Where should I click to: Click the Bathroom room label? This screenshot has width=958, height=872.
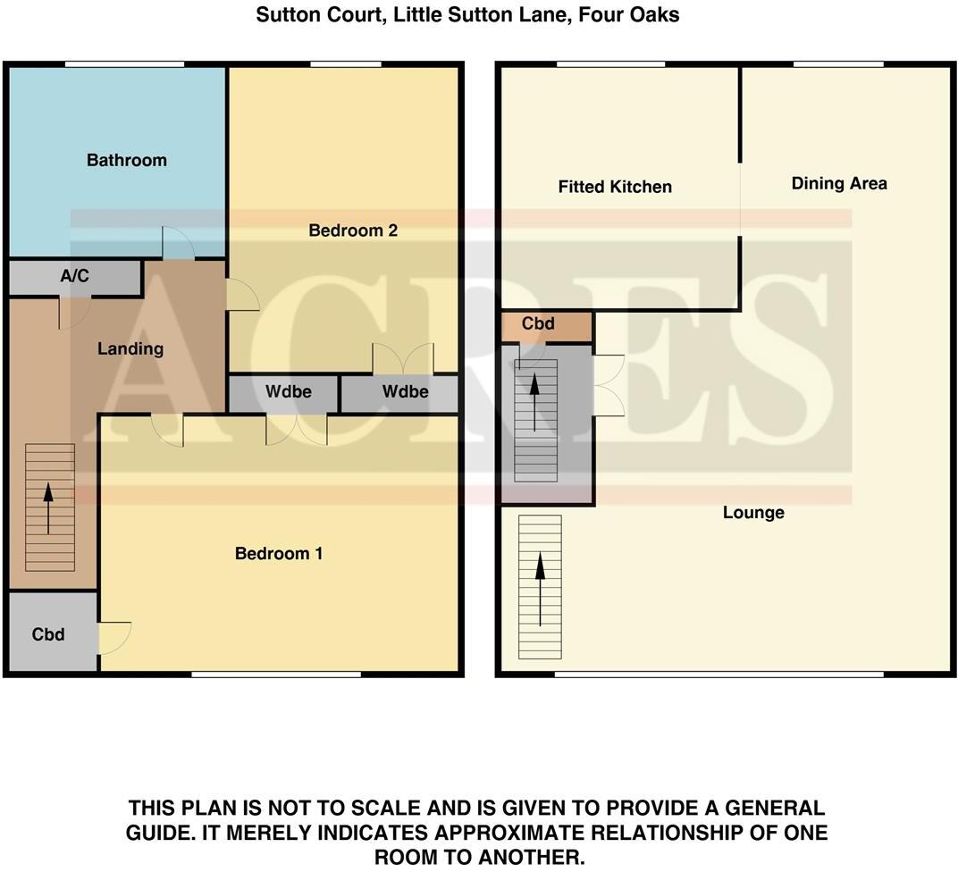click(126, 161)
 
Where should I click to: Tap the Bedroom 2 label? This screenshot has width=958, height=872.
click(352, 231)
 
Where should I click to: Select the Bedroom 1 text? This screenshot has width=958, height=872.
click(278, 554)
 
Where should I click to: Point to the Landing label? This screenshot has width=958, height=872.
click(130, 349)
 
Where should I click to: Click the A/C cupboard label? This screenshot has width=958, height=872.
click(74, 277)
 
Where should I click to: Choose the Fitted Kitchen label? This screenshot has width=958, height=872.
click(615, 187)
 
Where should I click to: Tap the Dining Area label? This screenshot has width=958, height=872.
click(839, 183)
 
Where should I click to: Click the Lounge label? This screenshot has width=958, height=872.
click(753, 513)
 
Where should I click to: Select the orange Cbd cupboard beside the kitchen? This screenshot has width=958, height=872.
click(538, 324)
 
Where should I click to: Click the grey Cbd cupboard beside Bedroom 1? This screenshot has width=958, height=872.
click(48, 634)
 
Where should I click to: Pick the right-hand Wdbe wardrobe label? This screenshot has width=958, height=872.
click(405, 392)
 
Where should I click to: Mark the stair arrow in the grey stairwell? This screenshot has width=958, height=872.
click(534, 402)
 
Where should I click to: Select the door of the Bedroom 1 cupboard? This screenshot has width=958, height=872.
click(115, 636)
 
